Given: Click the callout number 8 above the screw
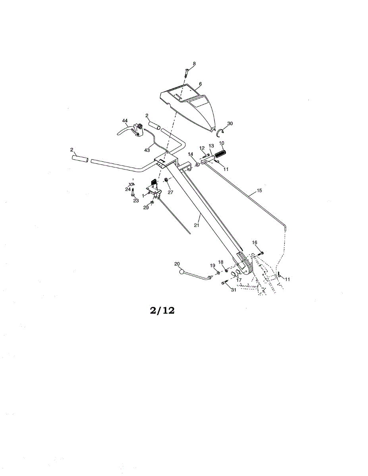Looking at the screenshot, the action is click(x=194, y=63).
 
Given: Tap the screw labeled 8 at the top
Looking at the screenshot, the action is click(x=187, y=73).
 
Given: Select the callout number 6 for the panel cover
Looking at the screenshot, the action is click(x=200, y=84).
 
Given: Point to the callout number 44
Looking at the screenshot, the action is click(x=125, y=121).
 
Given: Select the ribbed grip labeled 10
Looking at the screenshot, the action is click(x=220, y=154).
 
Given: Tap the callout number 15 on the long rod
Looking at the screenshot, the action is click(x=259, y=190).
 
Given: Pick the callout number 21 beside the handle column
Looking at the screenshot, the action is click(x=197, y=225).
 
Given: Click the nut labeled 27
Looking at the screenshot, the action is click(x=166, y=180).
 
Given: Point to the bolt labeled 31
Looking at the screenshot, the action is click(x=225, y=283).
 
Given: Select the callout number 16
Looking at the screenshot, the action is click(x=255, y=242).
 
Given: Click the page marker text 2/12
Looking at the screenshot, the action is click(x=162, y=311).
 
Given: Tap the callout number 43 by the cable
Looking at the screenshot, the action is click(x=147, y=150).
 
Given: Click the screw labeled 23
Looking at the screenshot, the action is click(x=133, y=192).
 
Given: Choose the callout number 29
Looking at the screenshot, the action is click(x=146, y=207).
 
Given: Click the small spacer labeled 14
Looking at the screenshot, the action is click(x=197, y=165).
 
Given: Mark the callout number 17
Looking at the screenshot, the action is click(x=239, y=280).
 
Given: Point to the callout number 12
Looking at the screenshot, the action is click(x=202, y=148).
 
